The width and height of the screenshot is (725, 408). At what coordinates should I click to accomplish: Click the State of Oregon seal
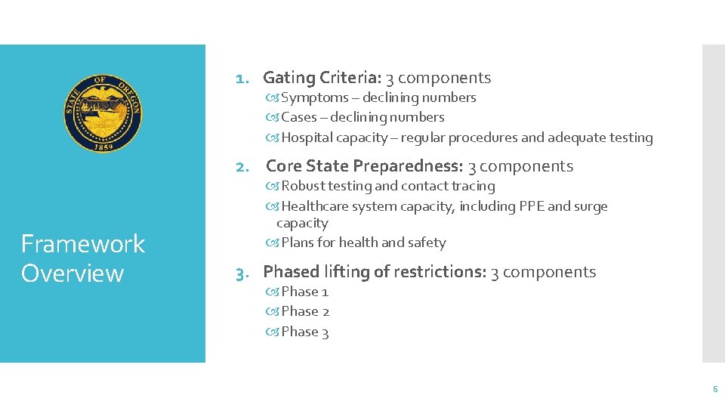103,113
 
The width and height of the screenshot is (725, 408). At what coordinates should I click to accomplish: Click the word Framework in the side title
83,244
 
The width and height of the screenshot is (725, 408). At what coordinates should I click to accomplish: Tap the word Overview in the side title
72,273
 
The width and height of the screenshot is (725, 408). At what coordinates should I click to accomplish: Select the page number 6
714,389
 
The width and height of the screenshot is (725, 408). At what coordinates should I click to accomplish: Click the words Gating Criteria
323,77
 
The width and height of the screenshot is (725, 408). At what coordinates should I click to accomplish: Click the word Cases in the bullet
299,117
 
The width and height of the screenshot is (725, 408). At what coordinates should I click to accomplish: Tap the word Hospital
307,138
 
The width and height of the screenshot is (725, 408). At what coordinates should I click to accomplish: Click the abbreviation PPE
529,206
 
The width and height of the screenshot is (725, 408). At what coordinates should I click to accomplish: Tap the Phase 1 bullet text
305,292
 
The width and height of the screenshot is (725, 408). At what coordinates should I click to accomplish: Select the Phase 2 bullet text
305,311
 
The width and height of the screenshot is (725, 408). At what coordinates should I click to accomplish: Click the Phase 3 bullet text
305,332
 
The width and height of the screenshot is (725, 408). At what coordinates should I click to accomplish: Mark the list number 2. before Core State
242,167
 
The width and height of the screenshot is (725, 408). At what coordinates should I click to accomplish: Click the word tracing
473,186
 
